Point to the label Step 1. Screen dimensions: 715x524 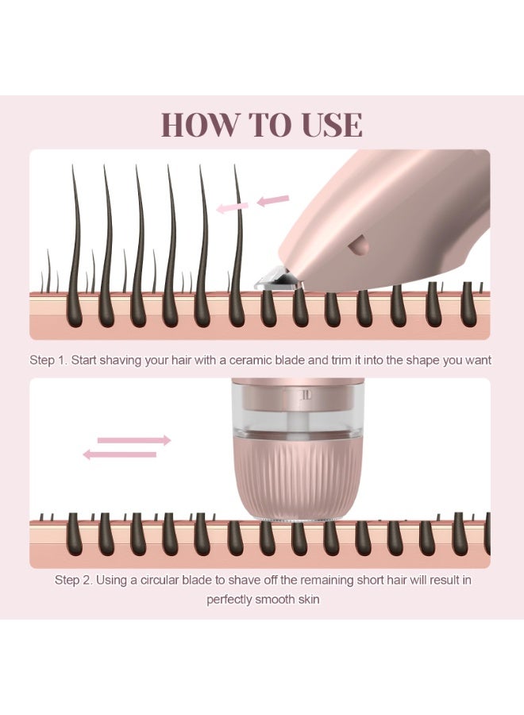click(x=48, y=360)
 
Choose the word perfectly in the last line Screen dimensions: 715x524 click(x=231, y=599)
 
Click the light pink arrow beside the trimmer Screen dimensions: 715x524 click(x=233, y=207)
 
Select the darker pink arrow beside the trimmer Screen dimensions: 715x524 click(x=272, y=200)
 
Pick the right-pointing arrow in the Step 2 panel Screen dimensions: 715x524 click(x=133, y=439)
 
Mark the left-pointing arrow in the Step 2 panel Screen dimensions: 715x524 click(x=120, y=454)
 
